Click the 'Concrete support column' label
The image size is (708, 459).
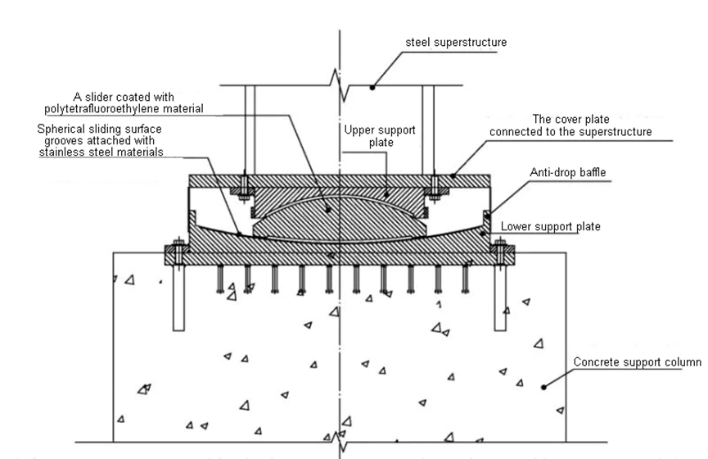[x=638, y=361]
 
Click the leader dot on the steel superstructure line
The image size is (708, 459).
[x=373, y=84]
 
